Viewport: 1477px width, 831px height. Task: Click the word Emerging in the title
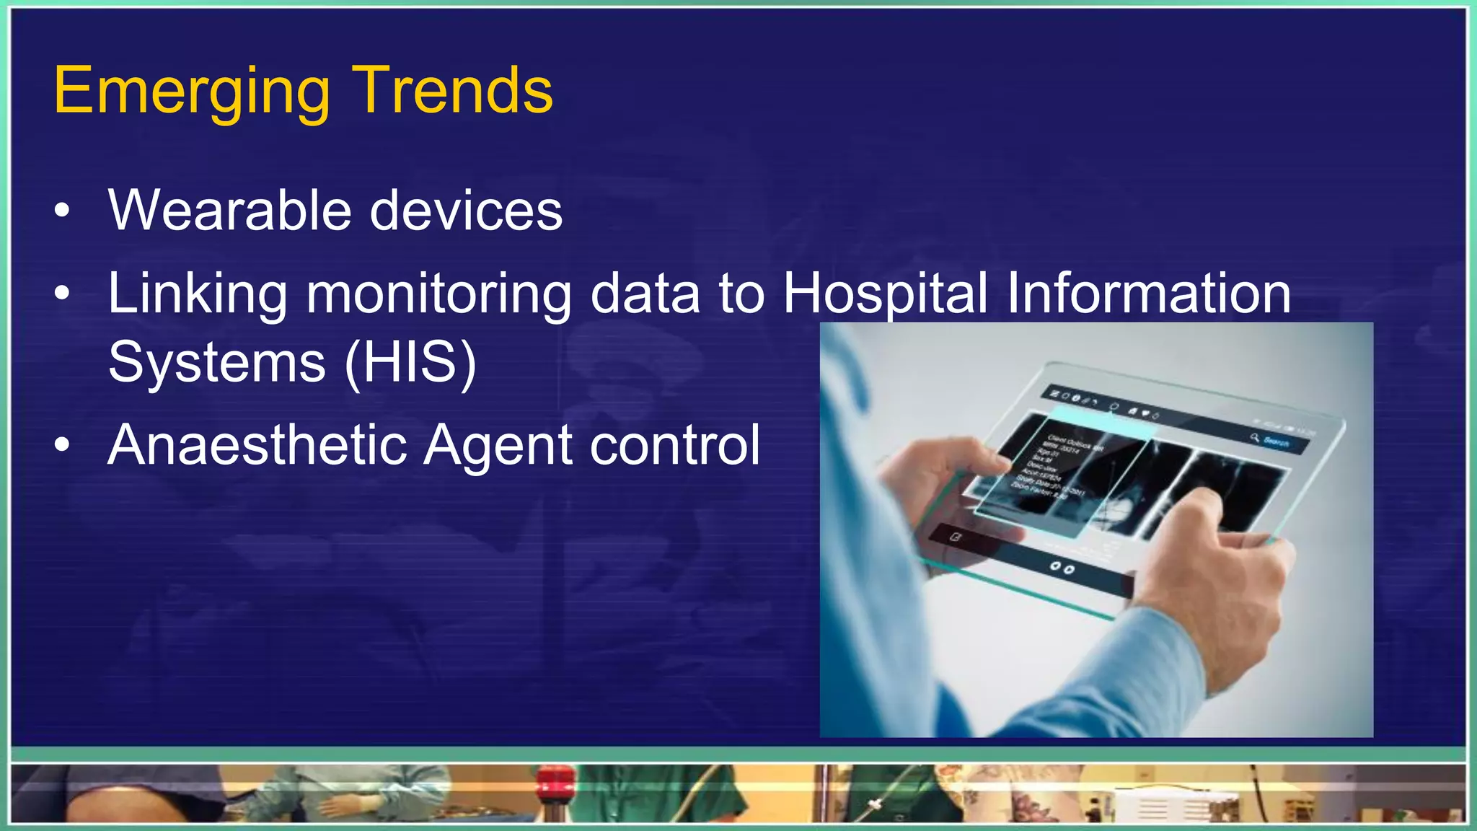pos(191,92)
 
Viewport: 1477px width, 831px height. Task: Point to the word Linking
pos(197,294)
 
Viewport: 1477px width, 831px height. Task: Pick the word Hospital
pos(885,294)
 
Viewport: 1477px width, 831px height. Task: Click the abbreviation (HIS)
pos(410,362)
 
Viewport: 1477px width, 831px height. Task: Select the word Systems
pos(216,362)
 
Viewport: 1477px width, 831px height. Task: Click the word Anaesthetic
pos(256,444)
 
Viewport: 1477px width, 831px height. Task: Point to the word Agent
pos(498,446)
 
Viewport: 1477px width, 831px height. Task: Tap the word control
pos(675,444)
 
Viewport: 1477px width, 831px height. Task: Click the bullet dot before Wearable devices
pos(63,211)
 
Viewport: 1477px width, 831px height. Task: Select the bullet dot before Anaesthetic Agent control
pos(63,446)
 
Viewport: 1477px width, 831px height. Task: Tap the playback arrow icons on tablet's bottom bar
pos(1062,568)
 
